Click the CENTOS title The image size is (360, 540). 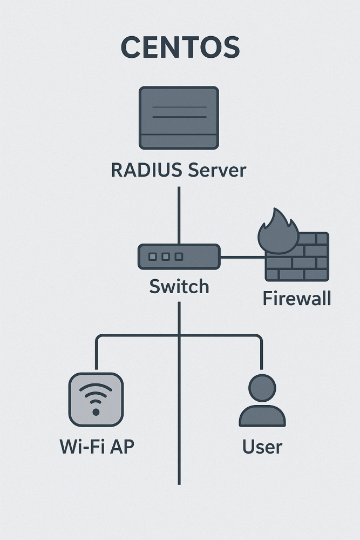(x=180, y=48)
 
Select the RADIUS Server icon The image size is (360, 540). (x=179, y=118)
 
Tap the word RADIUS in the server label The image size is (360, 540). (x=141, y=171)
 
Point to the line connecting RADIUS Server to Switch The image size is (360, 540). (x=179, y=214)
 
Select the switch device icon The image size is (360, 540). (x=179, y=256)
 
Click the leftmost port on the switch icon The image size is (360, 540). (x=153, y=256)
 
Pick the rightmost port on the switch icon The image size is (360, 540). (x=179, y=256)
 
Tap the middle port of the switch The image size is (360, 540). (x=166, y=256)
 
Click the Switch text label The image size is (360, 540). (x=179, y=286)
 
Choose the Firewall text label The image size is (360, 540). (x=297, y=298)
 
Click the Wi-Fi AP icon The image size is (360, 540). (x=96, y=400)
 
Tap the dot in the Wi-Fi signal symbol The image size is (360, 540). (x=96, y=412)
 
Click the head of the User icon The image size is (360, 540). (x=262, y=388)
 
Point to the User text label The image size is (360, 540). (x=262, y=447)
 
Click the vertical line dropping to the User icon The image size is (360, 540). (x=262, y=354)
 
